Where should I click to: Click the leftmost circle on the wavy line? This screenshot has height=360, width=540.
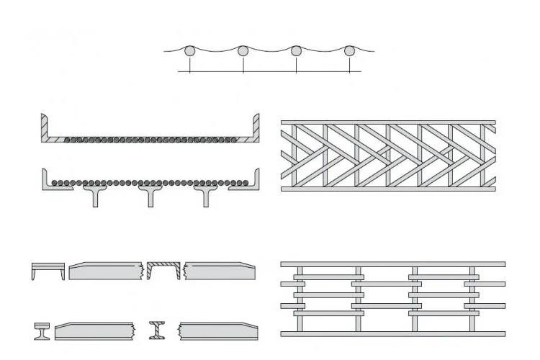[x=190, y=52]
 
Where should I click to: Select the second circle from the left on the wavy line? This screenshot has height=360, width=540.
[x=243, y=51]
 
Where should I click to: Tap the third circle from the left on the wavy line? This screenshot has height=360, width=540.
[x=296, y=51]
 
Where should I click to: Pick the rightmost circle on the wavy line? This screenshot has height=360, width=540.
[x=349, y=51]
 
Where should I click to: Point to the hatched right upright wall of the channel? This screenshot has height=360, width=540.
[x=256, y=128]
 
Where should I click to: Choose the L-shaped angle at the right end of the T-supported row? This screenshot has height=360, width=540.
[x=255, y=180]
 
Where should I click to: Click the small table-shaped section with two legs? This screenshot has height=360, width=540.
[x=48, y=270]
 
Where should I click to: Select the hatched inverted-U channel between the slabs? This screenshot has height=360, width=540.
[x=163, y=269]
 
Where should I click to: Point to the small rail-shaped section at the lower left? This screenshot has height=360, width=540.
[x=40, y=331]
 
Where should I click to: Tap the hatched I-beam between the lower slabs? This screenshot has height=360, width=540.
[x=157, y=330]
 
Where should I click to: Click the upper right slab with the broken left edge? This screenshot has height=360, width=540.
[x=220, y=270]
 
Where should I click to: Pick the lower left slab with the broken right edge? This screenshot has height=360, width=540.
[x=94, y=330]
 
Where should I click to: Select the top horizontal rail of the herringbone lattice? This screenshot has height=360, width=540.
[x=388, y=121]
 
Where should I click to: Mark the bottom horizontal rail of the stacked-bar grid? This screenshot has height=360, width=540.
[x=392, y=333]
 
